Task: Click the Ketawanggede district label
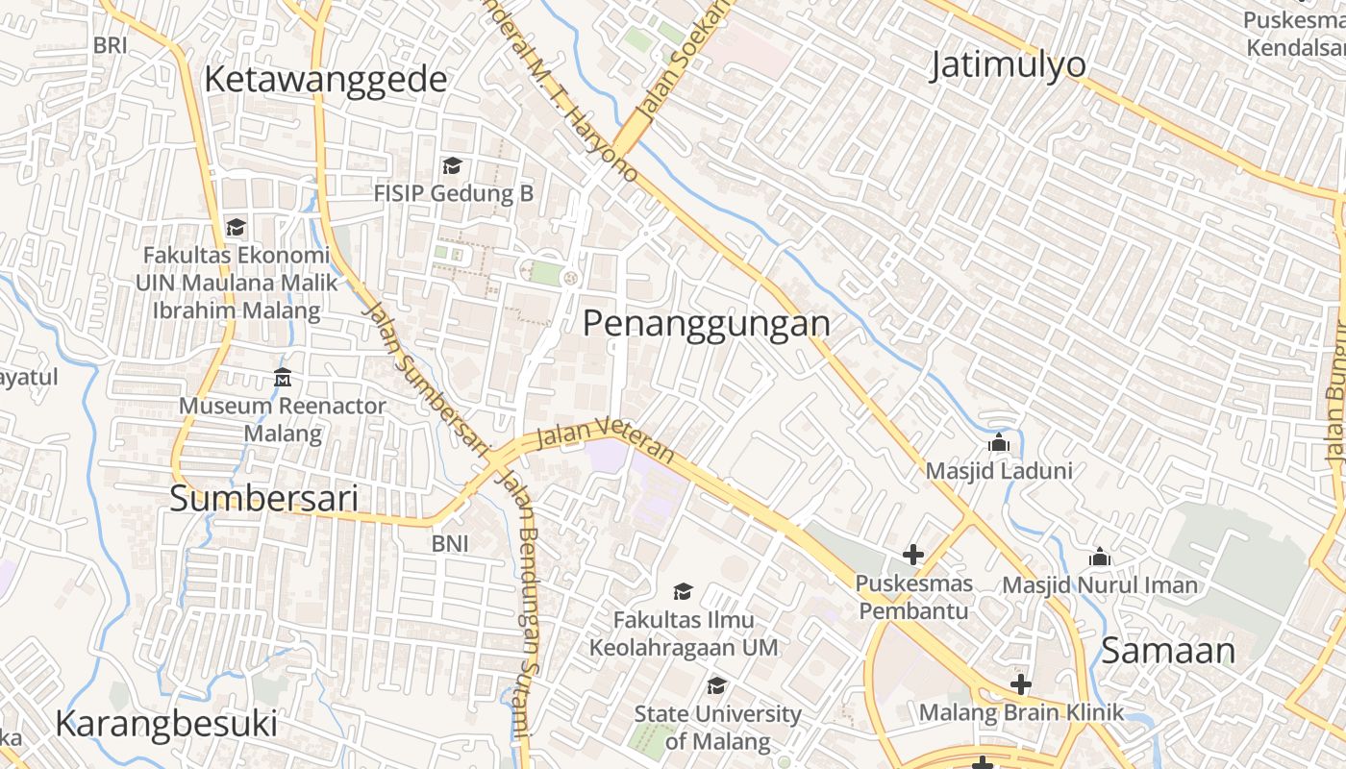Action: (x=326, y=80)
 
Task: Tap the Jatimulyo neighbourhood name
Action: (x=1009, y=64)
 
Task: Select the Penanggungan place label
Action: (x=707, y=323)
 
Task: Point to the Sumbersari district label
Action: (x=264, y=499)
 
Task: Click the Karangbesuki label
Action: (x=166, y=723)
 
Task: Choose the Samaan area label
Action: (x=1168, y=651)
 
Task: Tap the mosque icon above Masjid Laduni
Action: (x=999, y=444)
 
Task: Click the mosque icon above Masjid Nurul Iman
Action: (x=1100, y=557)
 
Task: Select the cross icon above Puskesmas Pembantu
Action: (x=912, y=555)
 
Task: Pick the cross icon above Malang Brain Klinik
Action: (x=1020, y=684)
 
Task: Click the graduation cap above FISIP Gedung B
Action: (x=452, y=166)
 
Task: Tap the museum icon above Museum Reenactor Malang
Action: (x=283, y=378)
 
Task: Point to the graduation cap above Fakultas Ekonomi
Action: (x=236, y=228)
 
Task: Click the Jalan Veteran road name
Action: (x=605, y=437)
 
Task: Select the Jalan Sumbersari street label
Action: (x=424, y=376)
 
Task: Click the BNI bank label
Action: (x=450, y=543)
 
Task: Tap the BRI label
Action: (x=111, y=44)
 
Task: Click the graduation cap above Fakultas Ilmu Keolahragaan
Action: (x=683, y=591)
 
